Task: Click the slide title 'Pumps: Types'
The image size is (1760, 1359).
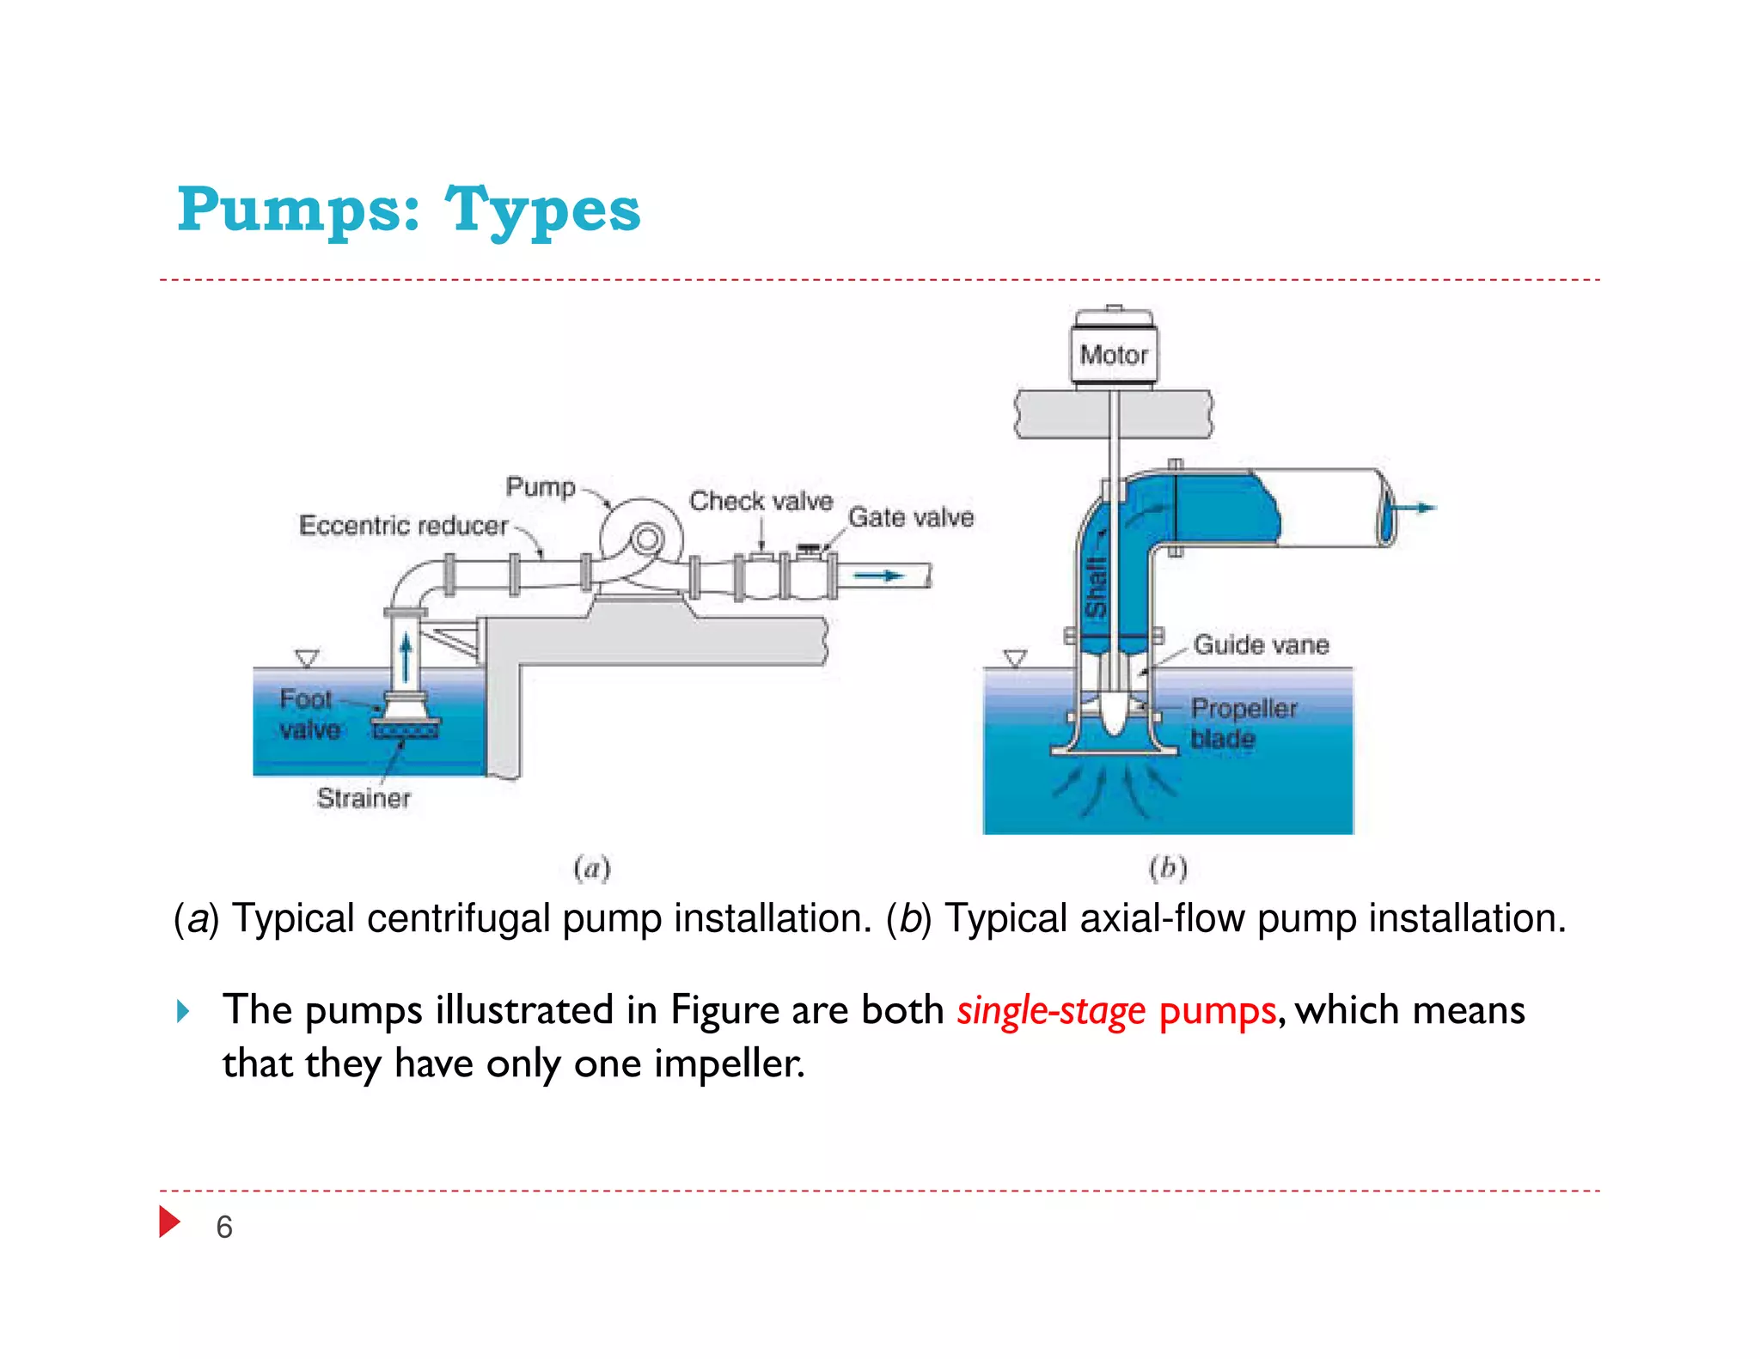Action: point(409,210)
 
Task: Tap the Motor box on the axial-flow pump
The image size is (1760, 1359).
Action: point(1114,354)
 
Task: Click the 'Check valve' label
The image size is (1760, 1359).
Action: point(761,501)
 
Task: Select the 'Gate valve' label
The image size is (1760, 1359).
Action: point(911,517)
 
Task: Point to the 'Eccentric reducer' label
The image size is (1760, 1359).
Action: point(403,525)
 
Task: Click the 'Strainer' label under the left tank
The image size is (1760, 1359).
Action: point(364,798)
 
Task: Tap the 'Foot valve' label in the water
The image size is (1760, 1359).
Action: point(308,714)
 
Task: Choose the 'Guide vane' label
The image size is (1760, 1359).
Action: point(1261,644)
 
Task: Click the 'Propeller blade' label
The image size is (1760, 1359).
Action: point(1243,722)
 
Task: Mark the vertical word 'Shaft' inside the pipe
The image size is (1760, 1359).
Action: point(1095,588)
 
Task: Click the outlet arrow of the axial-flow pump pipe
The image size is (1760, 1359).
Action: point(1414,508)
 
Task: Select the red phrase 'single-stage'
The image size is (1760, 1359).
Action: point(1051,1010)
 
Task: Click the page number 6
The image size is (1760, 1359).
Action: point(224,1227)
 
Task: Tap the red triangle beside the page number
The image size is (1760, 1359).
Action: point(169,1222)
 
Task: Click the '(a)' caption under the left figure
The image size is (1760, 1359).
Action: point(591,868)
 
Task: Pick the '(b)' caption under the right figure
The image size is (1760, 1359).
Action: point(1168,868)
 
